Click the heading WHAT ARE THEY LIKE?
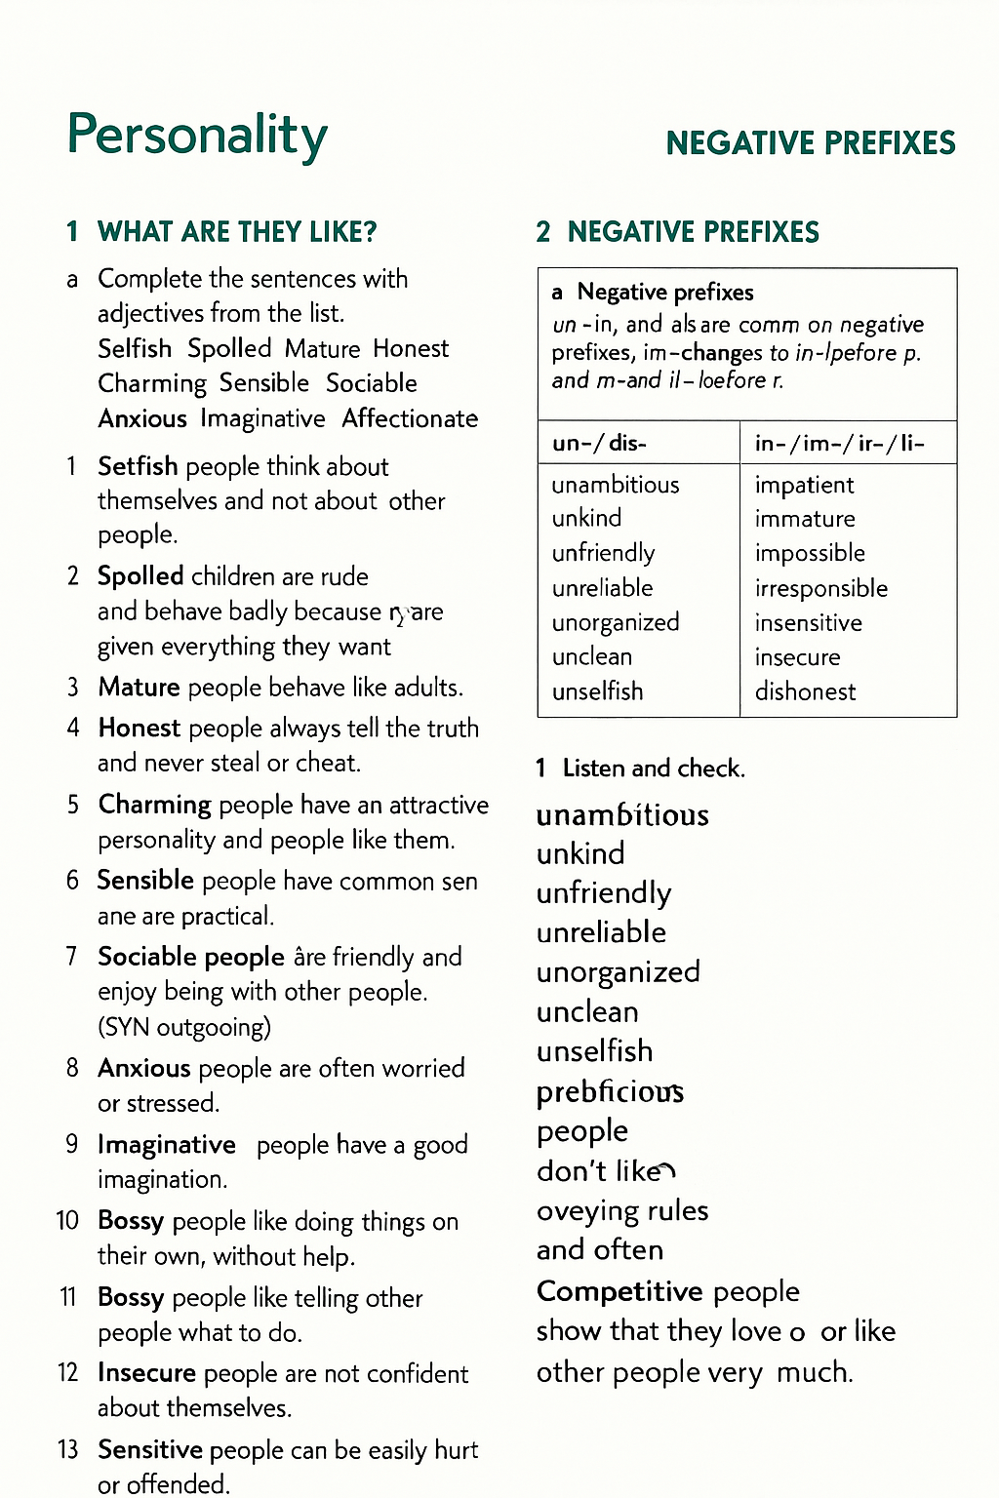[237, 232]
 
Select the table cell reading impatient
[804, 485]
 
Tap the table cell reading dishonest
[805, 691]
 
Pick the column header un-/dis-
[599, 444]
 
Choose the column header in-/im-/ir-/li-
[839, 444]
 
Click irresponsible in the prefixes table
[820, 588]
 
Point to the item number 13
[67, 1449]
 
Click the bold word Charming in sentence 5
[154, 805]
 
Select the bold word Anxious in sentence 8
[143, 1068]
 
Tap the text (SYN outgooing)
[184, 1027]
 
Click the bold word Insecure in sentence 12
[146, 1373]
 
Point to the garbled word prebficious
[610, 1091]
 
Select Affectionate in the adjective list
[410, 418]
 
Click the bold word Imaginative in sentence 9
[166, 1144]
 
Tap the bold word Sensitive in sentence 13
[149, 1449]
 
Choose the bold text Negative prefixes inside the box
[664, 292]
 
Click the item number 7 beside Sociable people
[71, 957]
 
